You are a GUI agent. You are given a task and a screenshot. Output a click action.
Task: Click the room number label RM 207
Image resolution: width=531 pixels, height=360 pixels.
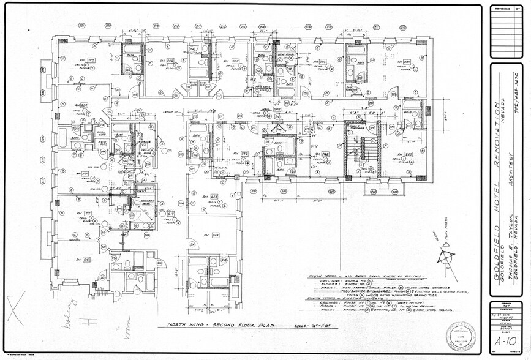click(x=90, y=60)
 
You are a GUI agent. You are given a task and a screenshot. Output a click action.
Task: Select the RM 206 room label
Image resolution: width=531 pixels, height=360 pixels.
click(x=165, y=61)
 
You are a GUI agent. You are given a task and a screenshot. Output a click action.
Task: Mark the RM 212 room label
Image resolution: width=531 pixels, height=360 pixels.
click(x=84, y=214)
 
